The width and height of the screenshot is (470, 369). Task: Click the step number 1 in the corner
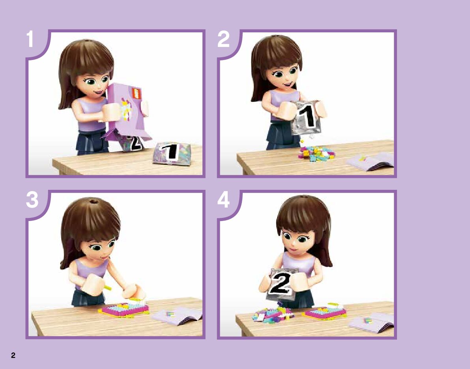(29, 39)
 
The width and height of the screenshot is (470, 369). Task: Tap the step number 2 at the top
(223, 39)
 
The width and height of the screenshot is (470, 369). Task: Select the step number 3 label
(32, 200)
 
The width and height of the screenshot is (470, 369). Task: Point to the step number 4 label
(223, 200)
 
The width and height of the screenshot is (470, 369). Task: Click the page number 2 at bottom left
(13, 356)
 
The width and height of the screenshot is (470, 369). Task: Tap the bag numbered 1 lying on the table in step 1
(172, 154)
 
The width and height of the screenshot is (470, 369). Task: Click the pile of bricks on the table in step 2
(316, 154)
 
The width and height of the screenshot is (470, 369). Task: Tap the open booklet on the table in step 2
(371, 161)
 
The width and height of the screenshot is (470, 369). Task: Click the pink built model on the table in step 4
(325, 312)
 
